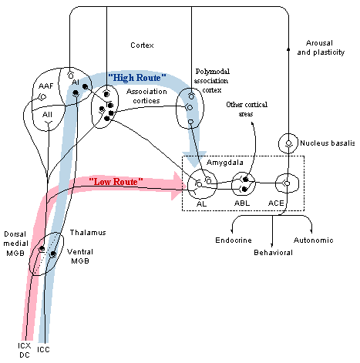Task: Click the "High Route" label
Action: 137,77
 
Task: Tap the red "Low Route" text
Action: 116,182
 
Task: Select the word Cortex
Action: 142,45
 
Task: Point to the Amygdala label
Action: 225,163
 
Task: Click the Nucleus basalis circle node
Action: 288,143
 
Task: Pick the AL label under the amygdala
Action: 201,203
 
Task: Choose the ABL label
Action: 242,203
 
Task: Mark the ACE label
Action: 276,203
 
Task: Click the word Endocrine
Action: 234,240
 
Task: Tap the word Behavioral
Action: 273,253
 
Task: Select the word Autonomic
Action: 314,240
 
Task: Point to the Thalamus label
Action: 88,233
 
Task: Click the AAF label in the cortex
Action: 46,86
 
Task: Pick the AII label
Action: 47,114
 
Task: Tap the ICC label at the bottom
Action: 43,350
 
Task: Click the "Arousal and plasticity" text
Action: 321,48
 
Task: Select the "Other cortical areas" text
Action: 247,109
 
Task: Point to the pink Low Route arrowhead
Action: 179,186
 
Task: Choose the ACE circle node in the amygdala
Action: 287,183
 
